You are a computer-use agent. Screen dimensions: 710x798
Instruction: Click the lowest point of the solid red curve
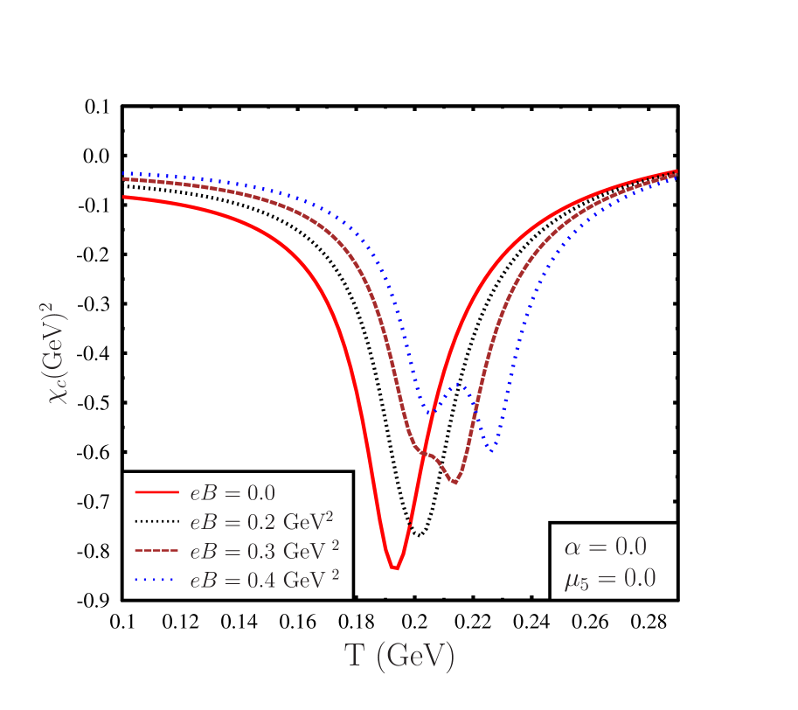pyautogui.click(x=395, y=569)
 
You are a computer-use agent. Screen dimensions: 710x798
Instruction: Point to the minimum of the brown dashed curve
pyautogui.click(x=455, y=482)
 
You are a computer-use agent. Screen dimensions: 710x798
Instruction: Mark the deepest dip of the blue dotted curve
pyautogui.click(x=494, y=450)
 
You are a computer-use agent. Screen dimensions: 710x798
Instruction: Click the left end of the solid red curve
pyautogui.click(x=123, y=198)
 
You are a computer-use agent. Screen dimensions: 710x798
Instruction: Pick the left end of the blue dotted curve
pyautogui.click(x=123, y=173)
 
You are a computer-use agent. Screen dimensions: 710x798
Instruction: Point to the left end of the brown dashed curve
pyautogui.click(x=123, y=179)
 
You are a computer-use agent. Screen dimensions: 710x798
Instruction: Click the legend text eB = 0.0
pyautogui.click(x=232, y=492)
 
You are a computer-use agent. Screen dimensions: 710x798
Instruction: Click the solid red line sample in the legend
pyautogui.click(x=156, y=492)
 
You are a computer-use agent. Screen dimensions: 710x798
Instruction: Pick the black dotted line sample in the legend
pyautogui.click(x=156, y=522)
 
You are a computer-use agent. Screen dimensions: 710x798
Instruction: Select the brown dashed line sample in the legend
pyautogui.click(x=156, y=552)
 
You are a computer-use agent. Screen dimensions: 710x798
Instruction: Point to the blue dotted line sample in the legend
pyautogui.click(x=156, y=581)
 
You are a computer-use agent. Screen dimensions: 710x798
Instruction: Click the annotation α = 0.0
pyautogui.click(x=605, y=547)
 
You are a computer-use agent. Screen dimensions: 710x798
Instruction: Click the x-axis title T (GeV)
pyautogui.click(x=399, y=656)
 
